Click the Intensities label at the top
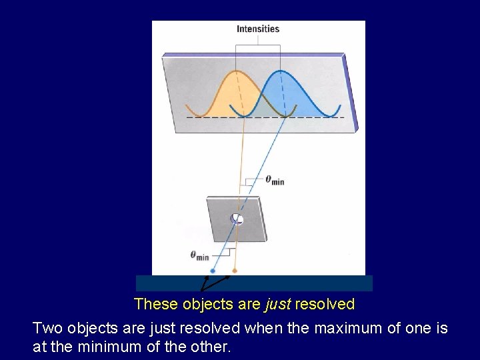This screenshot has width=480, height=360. tap(258, 29)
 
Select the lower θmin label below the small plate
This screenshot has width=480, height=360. tap(199, 255)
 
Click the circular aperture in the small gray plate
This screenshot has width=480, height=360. tap(237, 219)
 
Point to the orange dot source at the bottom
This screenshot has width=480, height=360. tap(234, 271)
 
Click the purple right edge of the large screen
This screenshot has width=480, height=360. tap(352, 93)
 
